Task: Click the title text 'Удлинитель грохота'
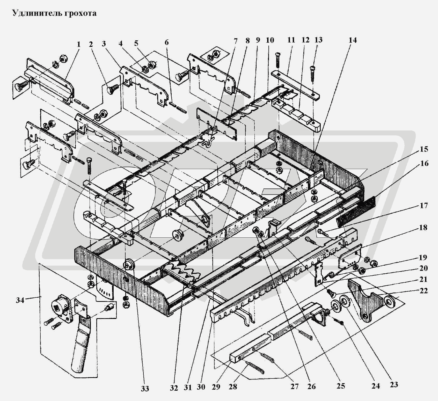(x=55, y=13)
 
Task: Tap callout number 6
(x=166, y=42)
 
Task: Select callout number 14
(x=353, y=40)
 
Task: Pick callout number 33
(x=145, y=388)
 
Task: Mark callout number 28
(x=233, y=387)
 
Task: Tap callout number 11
(x=291, y=40)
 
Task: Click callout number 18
(x=423, y=228)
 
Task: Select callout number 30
(x=201, y=387)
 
